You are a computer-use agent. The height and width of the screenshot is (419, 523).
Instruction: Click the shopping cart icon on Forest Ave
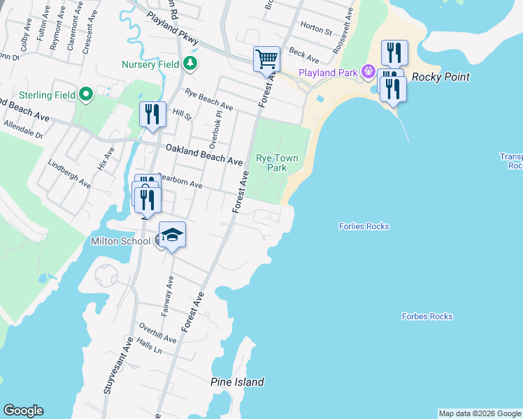point(266,59)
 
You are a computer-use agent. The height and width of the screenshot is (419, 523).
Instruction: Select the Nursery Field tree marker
point(189,64)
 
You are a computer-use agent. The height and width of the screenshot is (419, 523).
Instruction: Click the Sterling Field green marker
point(86,94)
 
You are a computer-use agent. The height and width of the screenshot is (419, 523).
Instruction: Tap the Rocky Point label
point(440,77)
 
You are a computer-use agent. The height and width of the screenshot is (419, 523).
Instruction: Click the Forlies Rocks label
point(364,226)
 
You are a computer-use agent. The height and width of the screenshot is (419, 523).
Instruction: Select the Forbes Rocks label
point(427,316)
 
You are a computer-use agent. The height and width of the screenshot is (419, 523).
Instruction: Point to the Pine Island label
point(237,382)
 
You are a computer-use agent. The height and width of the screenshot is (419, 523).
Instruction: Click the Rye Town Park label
point(277,163)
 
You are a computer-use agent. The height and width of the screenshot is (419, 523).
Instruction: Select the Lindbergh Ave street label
point(69,174)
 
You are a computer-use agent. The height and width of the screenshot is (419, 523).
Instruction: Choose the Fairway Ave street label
point(167,296)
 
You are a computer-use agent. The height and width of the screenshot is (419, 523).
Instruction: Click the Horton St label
point(315,31)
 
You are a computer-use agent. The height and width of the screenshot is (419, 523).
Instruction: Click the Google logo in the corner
point(23,411)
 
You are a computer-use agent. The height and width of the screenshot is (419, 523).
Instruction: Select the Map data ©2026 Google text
point(480,413)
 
